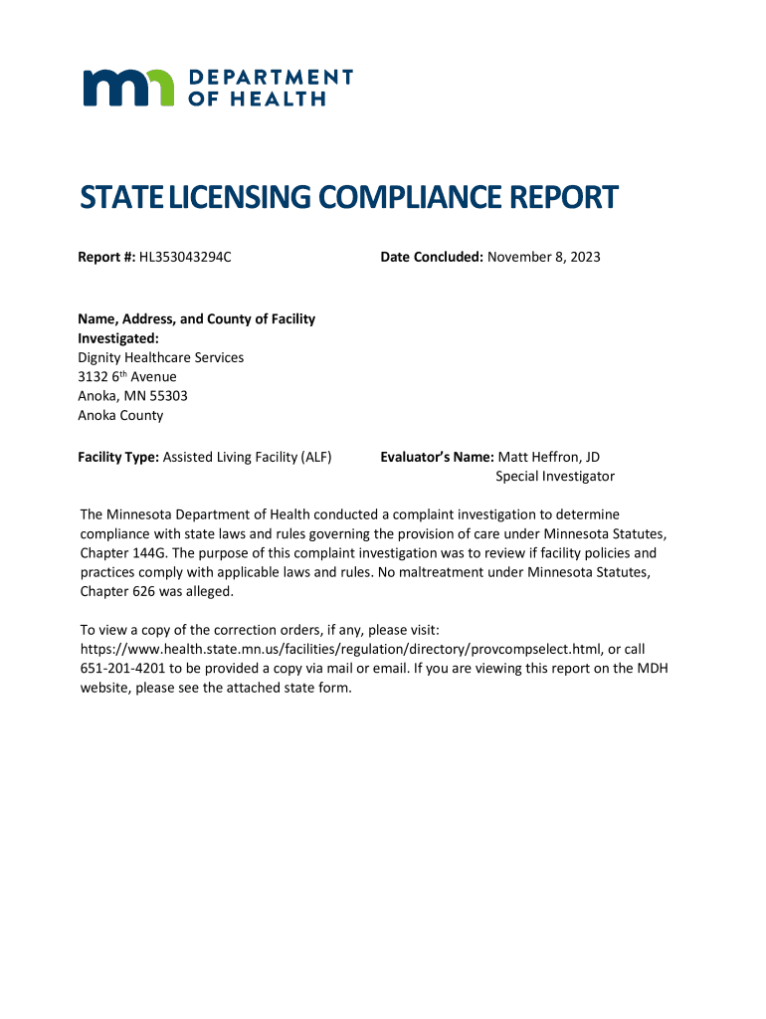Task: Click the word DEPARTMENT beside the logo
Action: [270, 77]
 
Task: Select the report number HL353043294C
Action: [185, 258]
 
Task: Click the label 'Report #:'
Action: [106, 258]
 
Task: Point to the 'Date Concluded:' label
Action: [432, 258]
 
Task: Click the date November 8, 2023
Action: [544, 258]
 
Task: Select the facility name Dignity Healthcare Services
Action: [161, 357]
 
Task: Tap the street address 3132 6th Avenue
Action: [127, 376]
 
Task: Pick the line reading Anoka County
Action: [120, 415]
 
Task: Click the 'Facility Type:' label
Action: [118, 457]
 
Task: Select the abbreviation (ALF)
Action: [314, 457]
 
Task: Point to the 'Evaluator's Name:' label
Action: [438, 457]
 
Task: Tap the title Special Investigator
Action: [555, 477]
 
